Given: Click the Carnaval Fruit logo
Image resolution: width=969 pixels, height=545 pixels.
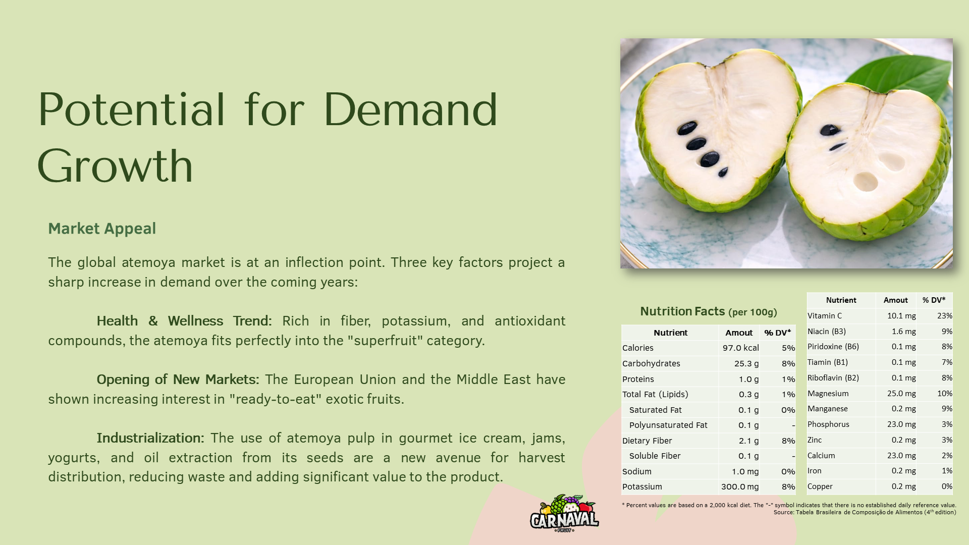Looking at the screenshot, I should point(564,514).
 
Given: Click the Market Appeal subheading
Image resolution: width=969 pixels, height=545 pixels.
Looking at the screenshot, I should point(102,229).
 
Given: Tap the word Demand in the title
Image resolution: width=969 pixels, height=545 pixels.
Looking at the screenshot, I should point(410,110).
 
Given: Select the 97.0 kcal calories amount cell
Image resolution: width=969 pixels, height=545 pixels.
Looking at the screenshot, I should point(740,348).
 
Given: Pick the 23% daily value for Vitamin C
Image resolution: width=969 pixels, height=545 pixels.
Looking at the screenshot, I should point(944,316).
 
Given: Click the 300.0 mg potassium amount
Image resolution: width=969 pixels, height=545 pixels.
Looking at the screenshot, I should point(739,486).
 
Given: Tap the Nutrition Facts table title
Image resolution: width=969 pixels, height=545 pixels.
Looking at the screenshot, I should point(708,311).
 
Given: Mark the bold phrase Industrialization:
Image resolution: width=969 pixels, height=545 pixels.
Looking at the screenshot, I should point(150,438).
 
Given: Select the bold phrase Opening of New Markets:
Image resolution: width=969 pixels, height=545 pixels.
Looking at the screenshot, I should point(178,379).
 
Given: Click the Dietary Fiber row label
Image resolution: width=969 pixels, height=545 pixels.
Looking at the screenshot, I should point(647,441).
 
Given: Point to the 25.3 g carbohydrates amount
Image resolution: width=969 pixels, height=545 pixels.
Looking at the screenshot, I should point(746,363).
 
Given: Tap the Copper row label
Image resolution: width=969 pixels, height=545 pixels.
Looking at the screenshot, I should point(820,486).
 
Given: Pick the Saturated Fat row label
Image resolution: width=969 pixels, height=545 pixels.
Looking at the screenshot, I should point(655,410).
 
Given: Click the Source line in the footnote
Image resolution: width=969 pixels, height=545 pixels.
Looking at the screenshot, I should point(865,512).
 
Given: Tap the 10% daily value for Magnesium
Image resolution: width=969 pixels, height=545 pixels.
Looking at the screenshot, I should point(944,394).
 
